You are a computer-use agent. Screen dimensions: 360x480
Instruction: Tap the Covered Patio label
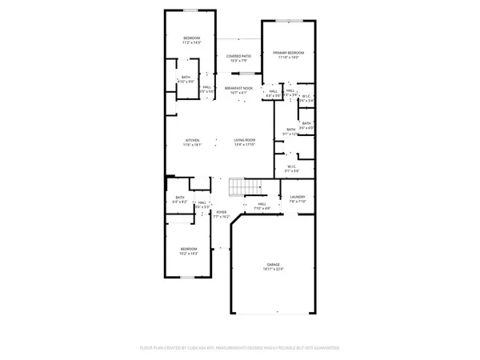(x=238, y=56)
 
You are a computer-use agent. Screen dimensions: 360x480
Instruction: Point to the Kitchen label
(x=192, y=140)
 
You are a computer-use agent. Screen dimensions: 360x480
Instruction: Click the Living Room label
(x=244, y=140)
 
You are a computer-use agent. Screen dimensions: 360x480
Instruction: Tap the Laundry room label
(x=298, y=197)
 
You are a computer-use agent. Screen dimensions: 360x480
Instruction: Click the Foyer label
(x=222, y=212)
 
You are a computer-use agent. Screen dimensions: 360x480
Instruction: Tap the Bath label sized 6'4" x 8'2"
(x=180, y=202)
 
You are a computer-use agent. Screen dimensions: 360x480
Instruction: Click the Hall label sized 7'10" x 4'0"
(x=258, y=209)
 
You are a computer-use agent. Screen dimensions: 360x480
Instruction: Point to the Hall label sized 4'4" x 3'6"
(x=273, y=96)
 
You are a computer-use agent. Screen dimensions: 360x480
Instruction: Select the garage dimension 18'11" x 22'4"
(x=274, y=270)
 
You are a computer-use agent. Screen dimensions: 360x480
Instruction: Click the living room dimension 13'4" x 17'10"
(x=244, y=145)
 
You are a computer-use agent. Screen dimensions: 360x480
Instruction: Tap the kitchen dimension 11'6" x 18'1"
(x=192, y=145)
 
